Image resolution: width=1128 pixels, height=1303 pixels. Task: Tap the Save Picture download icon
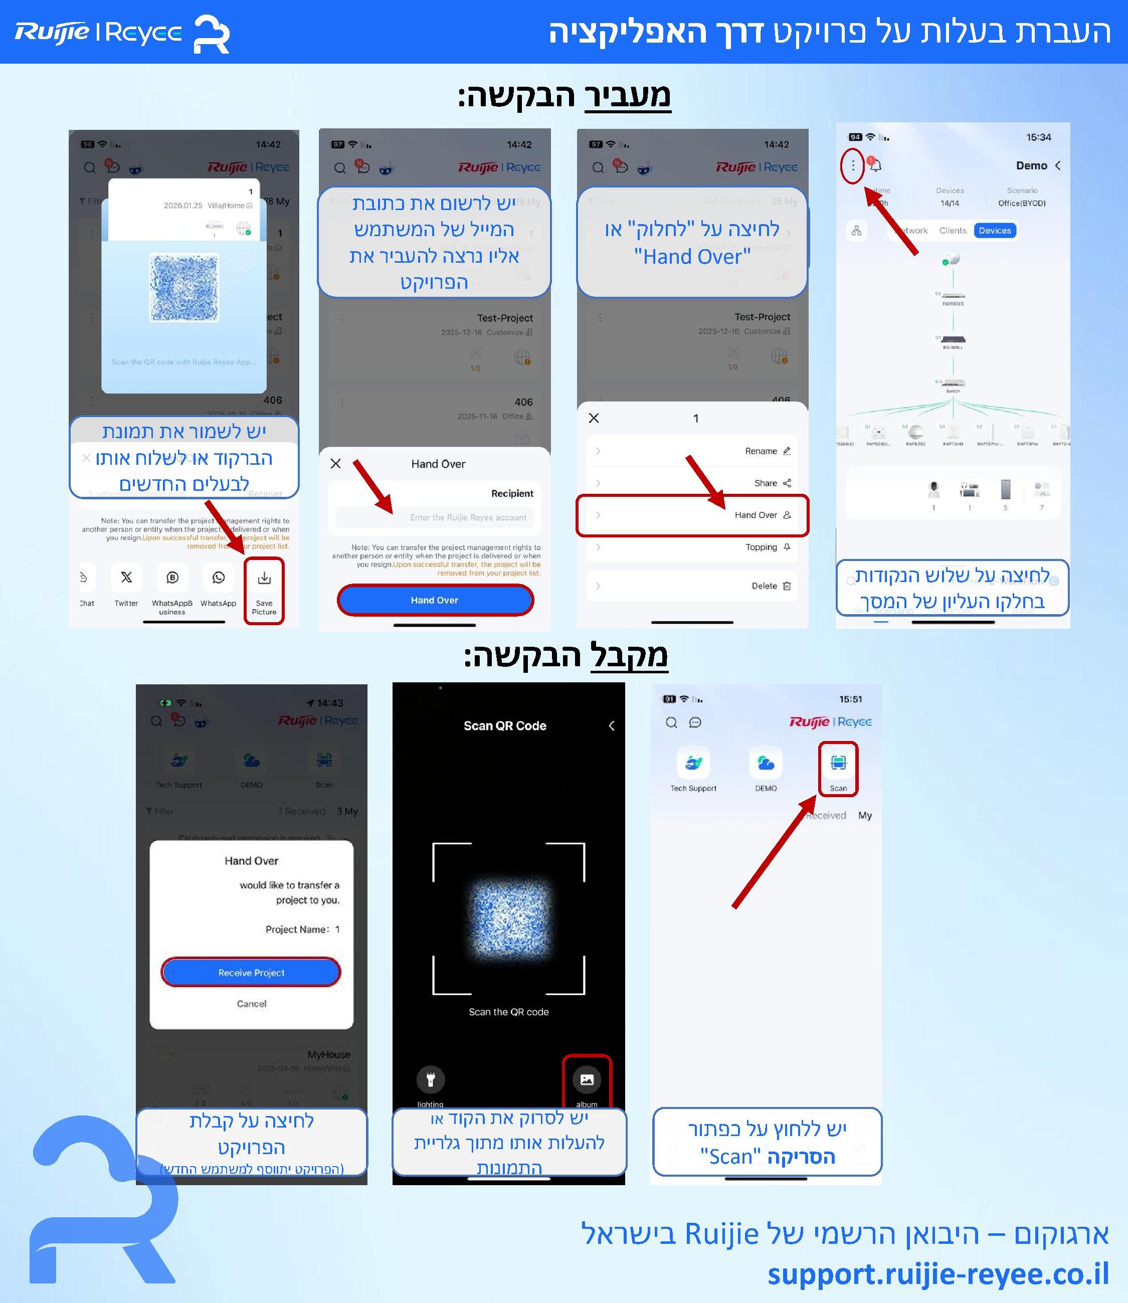tap(264, 578)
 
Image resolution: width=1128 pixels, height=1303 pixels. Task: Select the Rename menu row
tap(692, 451)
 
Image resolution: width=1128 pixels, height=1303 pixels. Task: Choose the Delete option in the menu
tap(692, 586)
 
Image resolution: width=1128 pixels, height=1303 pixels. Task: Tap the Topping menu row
tap(692, 547)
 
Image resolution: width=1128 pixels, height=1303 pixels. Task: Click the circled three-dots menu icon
tap(853, 165)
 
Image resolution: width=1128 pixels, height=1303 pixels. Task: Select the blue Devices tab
tap(995, 231)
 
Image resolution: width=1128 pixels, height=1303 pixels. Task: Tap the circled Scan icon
tap(838, 764)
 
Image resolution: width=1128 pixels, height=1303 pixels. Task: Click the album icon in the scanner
tap(587, 1079)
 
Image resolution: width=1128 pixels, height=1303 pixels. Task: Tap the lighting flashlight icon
tap(431, 1079)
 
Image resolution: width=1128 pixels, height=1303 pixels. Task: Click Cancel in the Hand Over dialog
tap(251, 1003)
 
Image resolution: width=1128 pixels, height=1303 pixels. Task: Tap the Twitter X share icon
tap(126, 578)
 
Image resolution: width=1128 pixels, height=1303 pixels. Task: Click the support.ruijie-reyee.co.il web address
tap(937, 1274)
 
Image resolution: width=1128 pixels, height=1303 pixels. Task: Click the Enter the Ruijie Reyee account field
tap(434, 517)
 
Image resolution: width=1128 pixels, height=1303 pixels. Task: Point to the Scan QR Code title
tap(505, 726)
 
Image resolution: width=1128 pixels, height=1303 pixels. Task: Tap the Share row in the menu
tap(692, 483)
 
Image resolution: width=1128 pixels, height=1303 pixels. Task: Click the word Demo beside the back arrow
tap(1031, 165)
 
